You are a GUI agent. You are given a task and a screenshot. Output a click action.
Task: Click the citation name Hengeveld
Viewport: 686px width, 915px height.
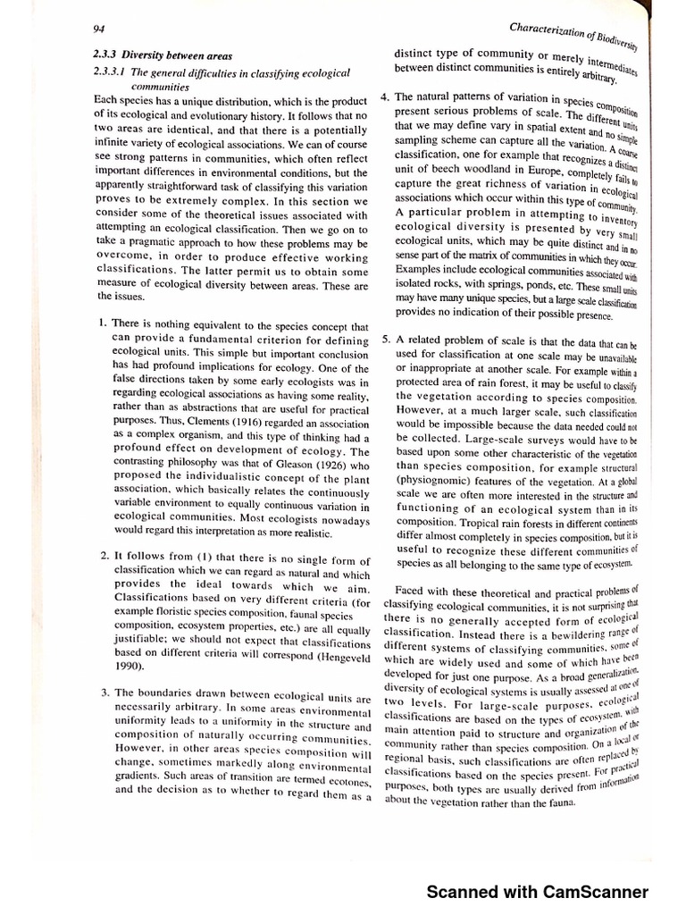click(314, 653)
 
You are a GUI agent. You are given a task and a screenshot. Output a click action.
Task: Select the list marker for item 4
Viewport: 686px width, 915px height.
click(383, 97)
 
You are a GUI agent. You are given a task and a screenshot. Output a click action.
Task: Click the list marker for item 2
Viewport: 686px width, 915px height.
click(105, 556)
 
